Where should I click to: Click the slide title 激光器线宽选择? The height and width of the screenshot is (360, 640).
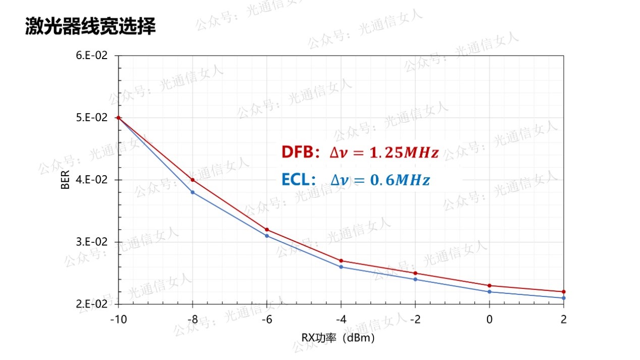(x=90, y=27)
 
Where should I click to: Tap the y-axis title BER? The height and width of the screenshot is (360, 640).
(x=66, y=180)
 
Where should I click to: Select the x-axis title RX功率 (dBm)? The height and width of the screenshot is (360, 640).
(x=338, y=337)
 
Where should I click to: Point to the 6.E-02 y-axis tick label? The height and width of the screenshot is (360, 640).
(x=92, y=56)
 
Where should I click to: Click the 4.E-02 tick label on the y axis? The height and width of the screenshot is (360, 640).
(x=92, y=180)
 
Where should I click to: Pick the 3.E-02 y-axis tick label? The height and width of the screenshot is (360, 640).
(x=92, y=242)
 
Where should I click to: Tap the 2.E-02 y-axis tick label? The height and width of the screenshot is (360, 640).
(x=92, y=304)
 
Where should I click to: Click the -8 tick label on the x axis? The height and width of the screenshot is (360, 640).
(x=192, y=319)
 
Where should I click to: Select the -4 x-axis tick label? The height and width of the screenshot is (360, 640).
(x=341, y=319)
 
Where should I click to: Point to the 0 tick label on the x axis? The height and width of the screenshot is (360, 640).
(x=490, y=319)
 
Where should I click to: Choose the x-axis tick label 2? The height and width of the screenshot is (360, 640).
(x=564, y=319)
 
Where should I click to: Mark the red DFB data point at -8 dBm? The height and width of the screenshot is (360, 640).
(x=193, y=180)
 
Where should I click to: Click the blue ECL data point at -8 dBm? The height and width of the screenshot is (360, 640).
(x=193, y=192)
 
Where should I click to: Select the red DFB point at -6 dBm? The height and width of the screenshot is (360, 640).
(x=267, y=230)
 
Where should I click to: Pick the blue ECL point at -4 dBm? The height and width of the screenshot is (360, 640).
(x=341, y=267)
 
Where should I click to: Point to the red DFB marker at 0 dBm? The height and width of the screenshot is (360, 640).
(x=490, y=286)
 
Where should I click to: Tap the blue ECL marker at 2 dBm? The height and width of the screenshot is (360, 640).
(x=564, y=298)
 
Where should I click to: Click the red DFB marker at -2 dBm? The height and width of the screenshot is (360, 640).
(x=415, y=273)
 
